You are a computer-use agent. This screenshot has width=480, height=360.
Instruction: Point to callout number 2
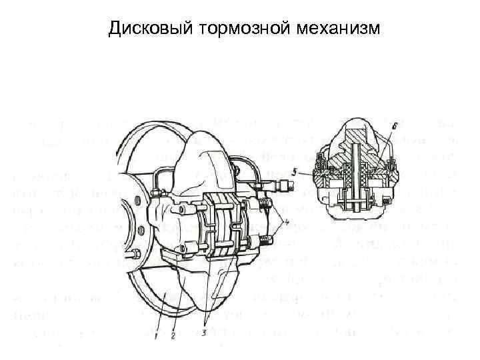tap(173, 335)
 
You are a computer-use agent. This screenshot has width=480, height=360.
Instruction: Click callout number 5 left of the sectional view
tap(294, 171)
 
